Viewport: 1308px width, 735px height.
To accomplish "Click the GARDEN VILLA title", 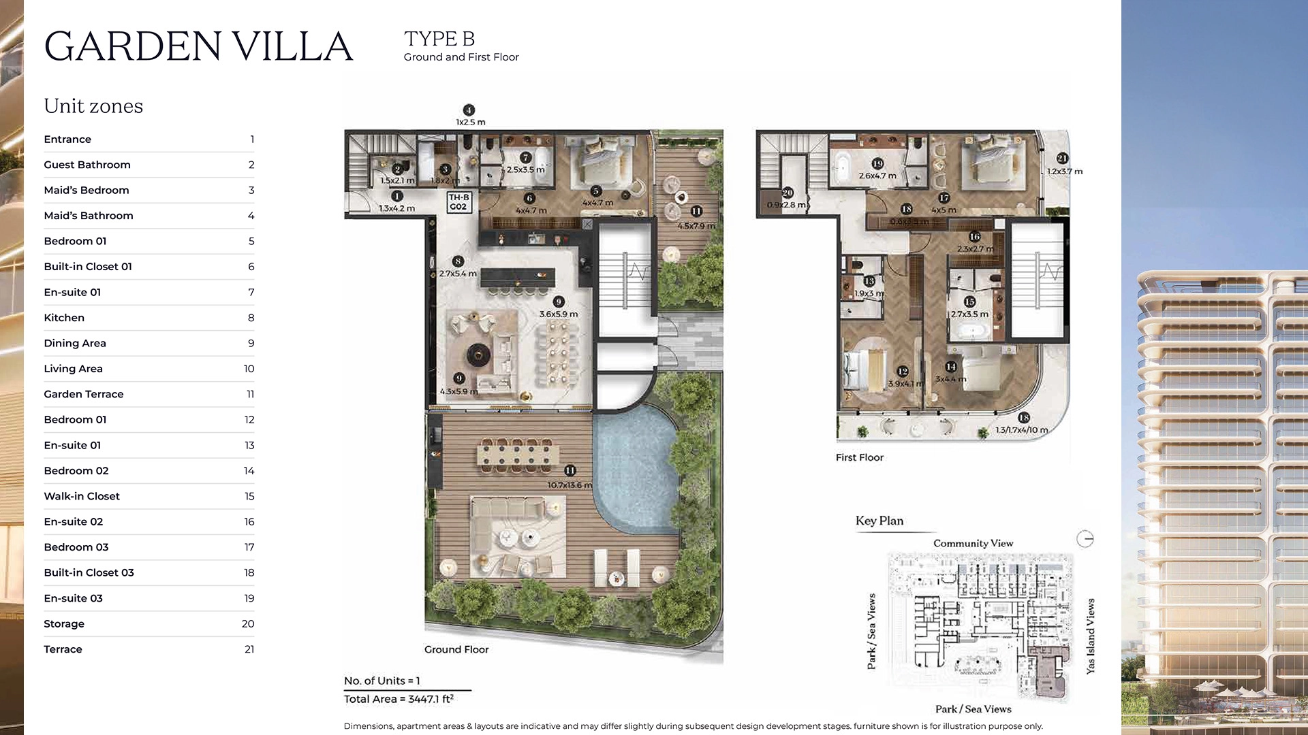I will (x=198, y=46).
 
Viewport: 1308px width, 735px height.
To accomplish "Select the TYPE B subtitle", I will (x=439, y=39).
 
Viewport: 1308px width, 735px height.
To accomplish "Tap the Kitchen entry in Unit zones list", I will (x=64, y=318).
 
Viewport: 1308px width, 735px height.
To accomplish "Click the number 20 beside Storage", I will (x=247, y=624).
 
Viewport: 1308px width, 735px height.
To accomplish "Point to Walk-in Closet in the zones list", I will (x=82, y=496).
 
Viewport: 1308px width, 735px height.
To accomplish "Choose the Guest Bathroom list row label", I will (x=87, y=165).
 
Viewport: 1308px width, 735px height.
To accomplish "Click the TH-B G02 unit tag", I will (x=458, y=202).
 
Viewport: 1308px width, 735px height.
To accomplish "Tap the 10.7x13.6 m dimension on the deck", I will (x=570, y=485).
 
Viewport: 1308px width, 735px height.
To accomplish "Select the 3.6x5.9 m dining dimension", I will (x=558, y=314).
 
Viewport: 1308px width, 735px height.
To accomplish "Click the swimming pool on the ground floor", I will (x=634, y=470).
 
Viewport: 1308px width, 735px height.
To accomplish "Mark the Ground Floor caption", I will (x=456, y=650).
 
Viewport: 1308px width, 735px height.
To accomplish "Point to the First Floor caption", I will (x=859, y=458).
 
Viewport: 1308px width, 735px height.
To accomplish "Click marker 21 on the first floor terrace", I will (x=1062, y=159).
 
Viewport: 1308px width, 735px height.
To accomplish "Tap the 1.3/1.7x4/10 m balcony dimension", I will (x=1021, y=430).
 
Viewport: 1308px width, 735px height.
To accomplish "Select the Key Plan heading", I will (x=879, y=521).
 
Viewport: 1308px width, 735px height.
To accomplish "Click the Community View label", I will (x=973, y=544).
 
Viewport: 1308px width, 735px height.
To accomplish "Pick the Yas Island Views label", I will (x=1091, y=636).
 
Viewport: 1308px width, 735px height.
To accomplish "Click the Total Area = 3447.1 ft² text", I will (x=399, y=699).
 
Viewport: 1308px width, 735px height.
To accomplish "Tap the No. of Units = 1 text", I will (x=381, y=681).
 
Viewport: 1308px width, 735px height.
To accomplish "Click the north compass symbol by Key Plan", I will (x=1085, y=540).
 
